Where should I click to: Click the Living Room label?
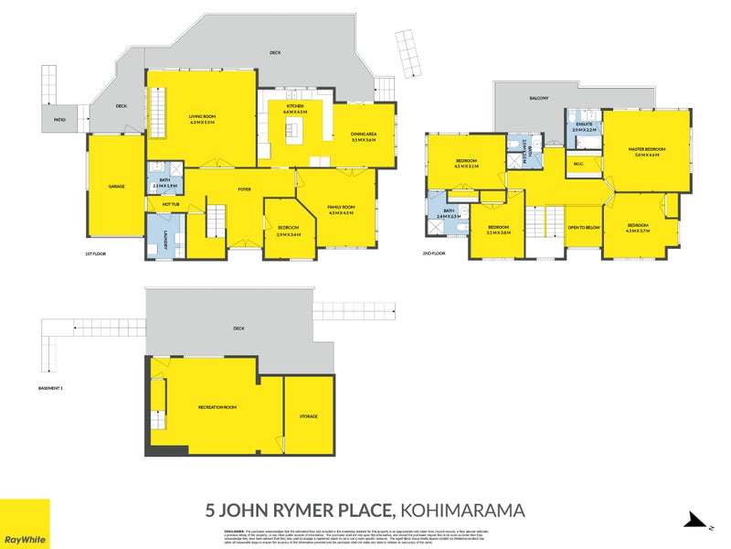coord(202,116)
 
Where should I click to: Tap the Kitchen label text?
coord(295,107)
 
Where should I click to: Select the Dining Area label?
coord(365,135)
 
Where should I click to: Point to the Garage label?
coord(116,187)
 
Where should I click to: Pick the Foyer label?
coord(245,188)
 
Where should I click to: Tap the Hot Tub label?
coord(171,204)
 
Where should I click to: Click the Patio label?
coord(59,119)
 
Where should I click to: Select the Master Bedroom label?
coord(647,149)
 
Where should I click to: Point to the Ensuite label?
coord(584,124)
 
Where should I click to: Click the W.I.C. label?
coord(578,165)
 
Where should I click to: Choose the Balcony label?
coord(538,98)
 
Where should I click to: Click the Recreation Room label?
coord(217,406)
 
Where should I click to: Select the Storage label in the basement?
coord(309,416)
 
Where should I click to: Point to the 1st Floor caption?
coord(96,253)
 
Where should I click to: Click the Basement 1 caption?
coord(50,389)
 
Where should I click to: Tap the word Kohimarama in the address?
coord(463,510)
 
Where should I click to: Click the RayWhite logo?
coord(25,523)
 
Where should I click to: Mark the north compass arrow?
coord(698,522)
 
